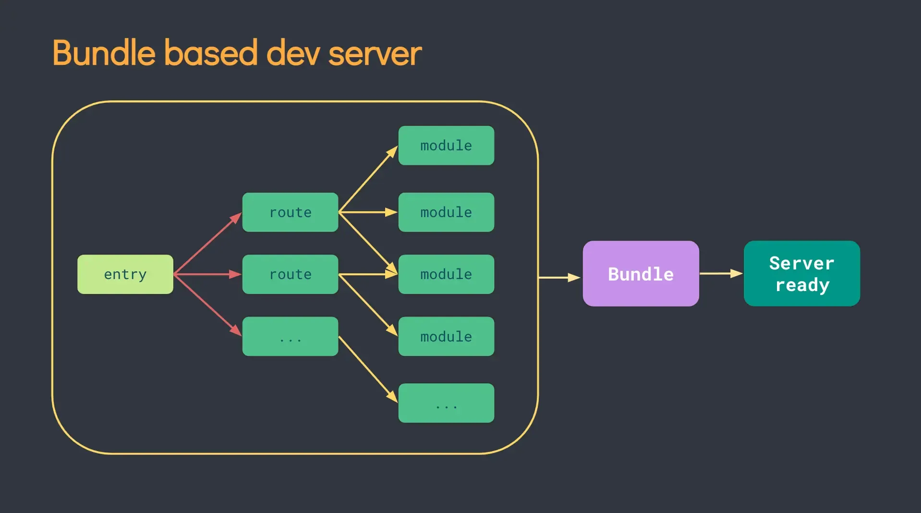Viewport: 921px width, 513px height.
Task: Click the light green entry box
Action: tap(125, 274)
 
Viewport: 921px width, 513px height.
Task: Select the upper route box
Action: tap(290, 212)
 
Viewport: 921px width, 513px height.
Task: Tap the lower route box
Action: tap(290, 274)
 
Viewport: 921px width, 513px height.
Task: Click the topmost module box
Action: tap(446, 146)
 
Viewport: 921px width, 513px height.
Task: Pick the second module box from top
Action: tap(446, 212)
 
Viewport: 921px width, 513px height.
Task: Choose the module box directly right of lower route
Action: tap(446, 274)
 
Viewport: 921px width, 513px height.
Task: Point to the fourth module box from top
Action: tap(446, 336)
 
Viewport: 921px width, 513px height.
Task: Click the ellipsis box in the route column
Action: tap(290, 336)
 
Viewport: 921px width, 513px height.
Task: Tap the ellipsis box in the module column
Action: tap(446, 403)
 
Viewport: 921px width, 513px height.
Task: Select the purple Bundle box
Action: tap(641, 274)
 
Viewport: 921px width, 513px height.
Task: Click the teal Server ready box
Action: tap(801, 274)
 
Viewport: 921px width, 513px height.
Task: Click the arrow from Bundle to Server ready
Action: tap(721, 273)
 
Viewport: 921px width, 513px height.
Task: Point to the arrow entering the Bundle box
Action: tap(560, 278)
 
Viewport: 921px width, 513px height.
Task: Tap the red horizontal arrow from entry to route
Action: tap(207, 274)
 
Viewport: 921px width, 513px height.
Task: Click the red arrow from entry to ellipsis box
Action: tap(206, 305)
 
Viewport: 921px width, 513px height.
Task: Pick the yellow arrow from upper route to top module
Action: tap(368, 179)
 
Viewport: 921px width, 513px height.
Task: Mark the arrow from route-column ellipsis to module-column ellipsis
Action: tap(368, 369)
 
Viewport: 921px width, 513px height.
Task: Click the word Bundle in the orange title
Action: tap(104, 53)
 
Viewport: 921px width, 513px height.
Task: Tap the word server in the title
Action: tap(375, 54)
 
